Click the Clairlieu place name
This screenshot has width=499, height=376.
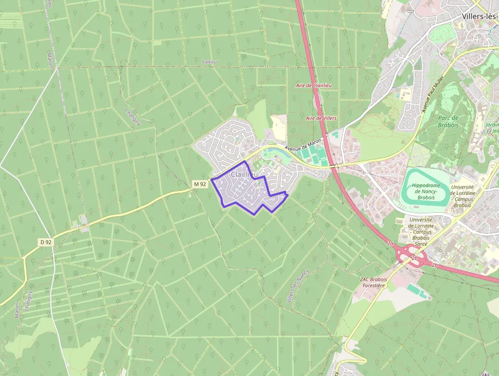[x=244, y=175]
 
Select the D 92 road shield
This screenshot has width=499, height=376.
[x=45, y=242]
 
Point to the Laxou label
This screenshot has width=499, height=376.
[x=209, y=62]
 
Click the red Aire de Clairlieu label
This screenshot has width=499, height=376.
[x=314, y=85]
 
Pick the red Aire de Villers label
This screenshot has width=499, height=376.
[x=321, y=118]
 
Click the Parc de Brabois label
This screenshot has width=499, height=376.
[x=448, y=121]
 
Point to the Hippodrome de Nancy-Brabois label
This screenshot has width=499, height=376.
[x=426, y=191]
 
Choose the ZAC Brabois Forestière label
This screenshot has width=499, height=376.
[x=374, y=283]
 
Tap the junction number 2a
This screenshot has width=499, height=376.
[x=390, y=244]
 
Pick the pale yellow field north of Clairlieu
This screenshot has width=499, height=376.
[x=279, y=126]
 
